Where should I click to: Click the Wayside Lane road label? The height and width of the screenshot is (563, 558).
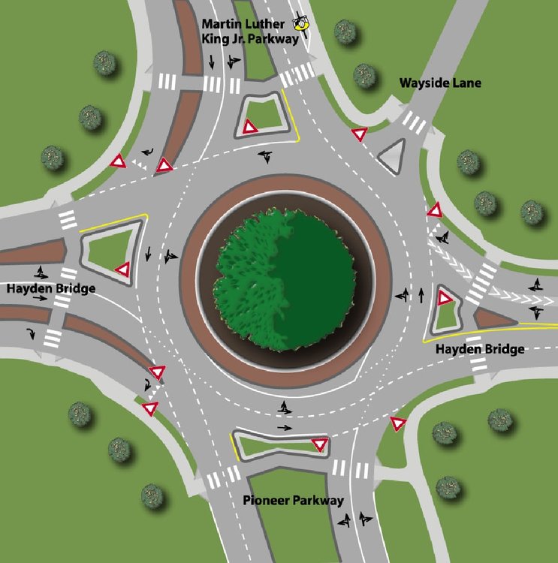(x=440, y=83)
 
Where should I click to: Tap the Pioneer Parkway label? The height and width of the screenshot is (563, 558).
(x=293, y=500)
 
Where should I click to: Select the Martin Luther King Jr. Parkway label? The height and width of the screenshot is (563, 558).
(x=250, y=32)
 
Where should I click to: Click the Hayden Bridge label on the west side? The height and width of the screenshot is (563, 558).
(x=51, y=289)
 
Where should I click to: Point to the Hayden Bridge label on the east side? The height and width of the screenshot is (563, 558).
(x=480, y=349)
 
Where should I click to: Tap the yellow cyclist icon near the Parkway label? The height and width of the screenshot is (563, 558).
(x=301, y=25)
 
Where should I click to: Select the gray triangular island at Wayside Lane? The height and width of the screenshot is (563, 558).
(x=392, y=156)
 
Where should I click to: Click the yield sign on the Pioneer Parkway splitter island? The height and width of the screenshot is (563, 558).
(x=319, y=445)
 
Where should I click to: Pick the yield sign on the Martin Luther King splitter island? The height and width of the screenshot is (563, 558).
(x=250, y=127)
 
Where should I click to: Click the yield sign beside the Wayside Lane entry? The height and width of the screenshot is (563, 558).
(x=359, y=134)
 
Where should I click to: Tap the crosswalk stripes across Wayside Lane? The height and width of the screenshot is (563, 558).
(x=415, y=122)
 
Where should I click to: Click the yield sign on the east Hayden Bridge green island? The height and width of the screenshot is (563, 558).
(x=444, y=298)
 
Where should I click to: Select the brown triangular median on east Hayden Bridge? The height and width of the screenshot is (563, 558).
(x=494, y=318)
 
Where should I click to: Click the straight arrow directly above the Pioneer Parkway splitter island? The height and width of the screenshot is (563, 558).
(x=285, y=428)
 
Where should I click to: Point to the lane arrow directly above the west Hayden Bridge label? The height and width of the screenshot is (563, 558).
(x=41, y=273)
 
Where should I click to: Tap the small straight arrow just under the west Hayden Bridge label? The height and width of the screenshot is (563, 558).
(x=41, y=298)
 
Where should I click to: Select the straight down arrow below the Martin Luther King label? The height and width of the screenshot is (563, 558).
(x=212, y=62)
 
